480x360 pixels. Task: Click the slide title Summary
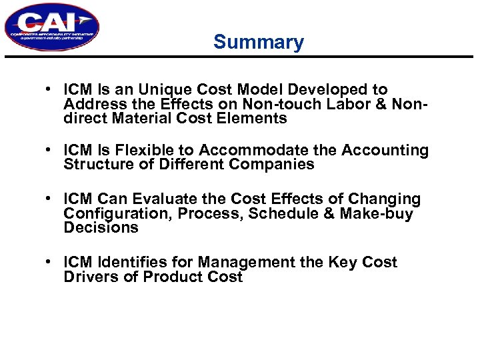(x=258, y=43)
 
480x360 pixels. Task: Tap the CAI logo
(x=51, y=27)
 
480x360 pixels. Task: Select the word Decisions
(x=101, y=227)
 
